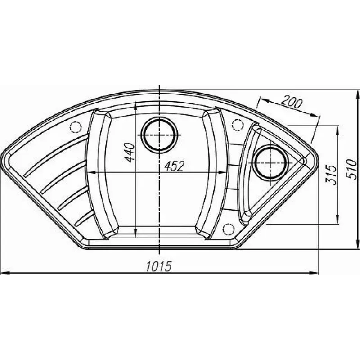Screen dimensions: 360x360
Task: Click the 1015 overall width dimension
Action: pos(159,266)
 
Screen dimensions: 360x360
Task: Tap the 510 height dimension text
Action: pos(351,170)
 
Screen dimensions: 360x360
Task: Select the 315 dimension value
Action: pos(331,175)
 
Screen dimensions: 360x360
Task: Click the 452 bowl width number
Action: pos(175,166)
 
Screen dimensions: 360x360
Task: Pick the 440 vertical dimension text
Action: pos(129,152)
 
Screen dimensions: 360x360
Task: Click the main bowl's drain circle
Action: pos(160,135)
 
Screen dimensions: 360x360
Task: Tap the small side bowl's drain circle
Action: pos(271,162)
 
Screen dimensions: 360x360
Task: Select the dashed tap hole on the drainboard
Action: pos(75,126)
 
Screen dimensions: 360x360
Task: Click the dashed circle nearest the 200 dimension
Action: pos(238,125)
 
